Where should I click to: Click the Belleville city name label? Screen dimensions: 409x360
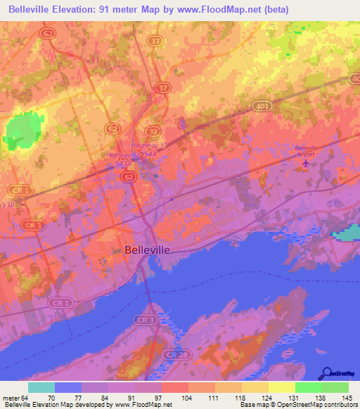tap(147, 249)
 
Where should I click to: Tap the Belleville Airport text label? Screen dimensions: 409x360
tap(306, 150)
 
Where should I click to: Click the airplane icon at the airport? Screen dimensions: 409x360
tap(305, 164)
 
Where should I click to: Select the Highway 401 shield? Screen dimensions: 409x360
tap(261, 105)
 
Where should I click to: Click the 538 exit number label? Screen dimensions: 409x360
tap(7, 204)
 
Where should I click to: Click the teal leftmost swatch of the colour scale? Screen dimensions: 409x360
tap(41, 387)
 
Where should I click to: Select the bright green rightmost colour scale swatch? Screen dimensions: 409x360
tap(335, 387)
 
